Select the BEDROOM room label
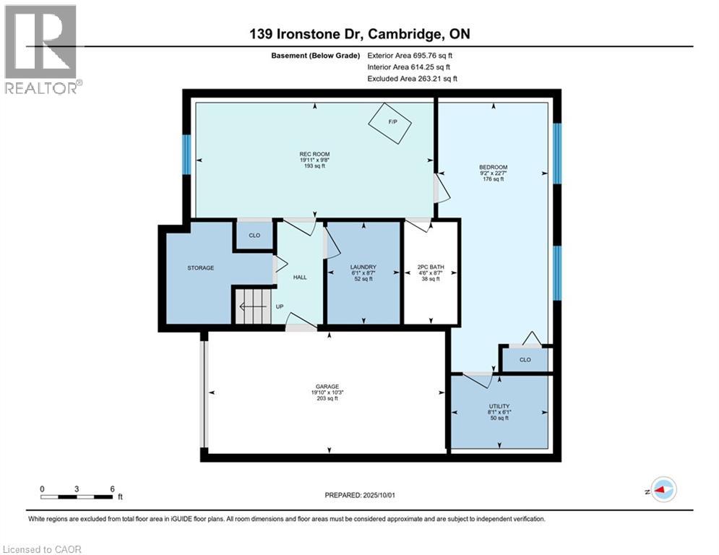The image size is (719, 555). [494, 167]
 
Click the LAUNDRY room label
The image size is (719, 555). [362, 267]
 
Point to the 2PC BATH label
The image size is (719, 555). [430, 267]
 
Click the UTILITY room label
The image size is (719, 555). [499, 407]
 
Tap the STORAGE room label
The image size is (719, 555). [201, 268]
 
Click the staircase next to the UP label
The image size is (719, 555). [252, 306]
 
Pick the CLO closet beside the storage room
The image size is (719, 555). [254, 236]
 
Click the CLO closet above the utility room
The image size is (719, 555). [525, 359]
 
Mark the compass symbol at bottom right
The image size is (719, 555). [663, 489]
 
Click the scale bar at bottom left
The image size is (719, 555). [77, 496]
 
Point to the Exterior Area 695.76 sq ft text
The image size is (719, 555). [410, 55]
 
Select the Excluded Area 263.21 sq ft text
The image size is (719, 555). [412, 79]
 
